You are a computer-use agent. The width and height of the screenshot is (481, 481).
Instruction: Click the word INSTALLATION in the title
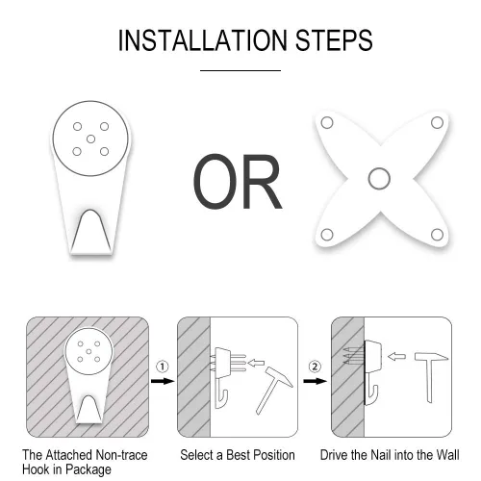click(203, 40)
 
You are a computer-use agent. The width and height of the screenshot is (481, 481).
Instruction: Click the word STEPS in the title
click(334, 40)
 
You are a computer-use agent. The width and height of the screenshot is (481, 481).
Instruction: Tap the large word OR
click(238, 181)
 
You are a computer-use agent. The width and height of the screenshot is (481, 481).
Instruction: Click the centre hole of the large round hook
click(90, 139)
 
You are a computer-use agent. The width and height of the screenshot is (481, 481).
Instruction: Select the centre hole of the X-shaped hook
click(379, 179)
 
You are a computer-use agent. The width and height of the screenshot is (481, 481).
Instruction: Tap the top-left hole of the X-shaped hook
click(327, 123)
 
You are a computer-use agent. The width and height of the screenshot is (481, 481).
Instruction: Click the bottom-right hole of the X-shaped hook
click(437, 235)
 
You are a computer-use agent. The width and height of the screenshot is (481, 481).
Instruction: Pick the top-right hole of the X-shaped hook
click(437, 122)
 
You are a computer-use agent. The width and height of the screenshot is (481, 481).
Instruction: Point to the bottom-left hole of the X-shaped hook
click(327, 235)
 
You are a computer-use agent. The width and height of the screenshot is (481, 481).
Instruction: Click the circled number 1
click(163, 367)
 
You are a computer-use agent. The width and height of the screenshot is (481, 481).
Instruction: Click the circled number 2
click(315, 367)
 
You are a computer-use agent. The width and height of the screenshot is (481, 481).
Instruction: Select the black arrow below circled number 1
click(163, 381)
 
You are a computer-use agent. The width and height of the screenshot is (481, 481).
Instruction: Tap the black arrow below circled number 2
click(316, 381)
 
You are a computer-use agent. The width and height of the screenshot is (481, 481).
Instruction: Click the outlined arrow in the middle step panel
click(256, 363)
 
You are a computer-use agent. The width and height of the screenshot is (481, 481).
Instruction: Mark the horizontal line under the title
click(240, 70)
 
